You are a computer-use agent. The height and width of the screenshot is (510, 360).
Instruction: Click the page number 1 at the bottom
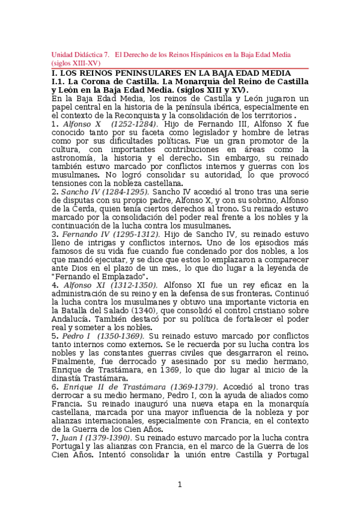(x=179, y=485)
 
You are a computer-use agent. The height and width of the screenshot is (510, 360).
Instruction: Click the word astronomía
(x=76, y=158)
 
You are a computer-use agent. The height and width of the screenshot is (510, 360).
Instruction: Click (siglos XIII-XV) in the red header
(x=76, y=63)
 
